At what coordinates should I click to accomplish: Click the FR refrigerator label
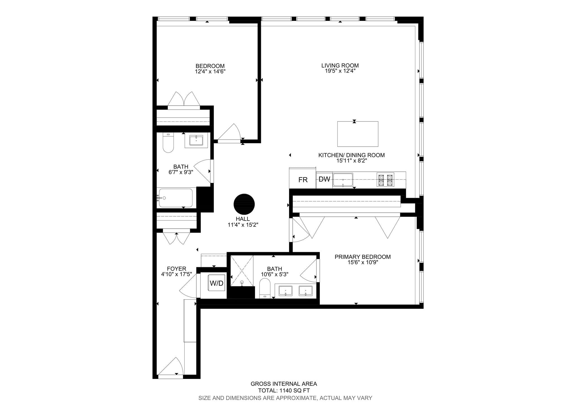303,180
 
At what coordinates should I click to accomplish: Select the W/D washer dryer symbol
217,283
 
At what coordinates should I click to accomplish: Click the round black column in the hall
244,204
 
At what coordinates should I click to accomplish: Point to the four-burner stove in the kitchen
386,180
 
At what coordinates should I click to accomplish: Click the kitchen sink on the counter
343,180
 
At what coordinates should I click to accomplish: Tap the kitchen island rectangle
357,134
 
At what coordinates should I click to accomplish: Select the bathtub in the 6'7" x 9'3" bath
175,198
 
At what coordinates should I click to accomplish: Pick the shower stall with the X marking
242,271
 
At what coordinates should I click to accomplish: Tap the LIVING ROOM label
340,66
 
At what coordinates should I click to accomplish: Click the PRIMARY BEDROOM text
363,257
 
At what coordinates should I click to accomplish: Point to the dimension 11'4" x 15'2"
243,225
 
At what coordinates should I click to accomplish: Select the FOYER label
177,269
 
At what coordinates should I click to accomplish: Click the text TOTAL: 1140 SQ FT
284,391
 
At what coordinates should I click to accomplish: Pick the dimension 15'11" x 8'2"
351,161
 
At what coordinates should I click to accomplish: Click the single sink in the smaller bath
196,140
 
